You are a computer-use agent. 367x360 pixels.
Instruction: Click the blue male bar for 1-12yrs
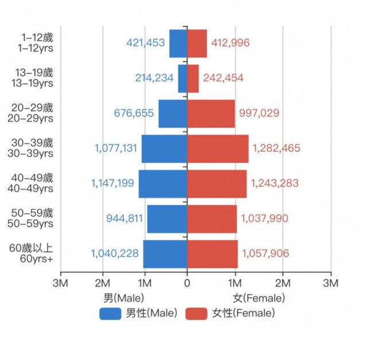pos(178,44)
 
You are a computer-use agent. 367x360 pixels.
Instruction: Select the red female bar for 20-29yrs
pos(211,114)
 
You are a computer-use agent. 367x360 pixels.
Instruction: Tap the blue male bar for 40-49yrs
pos(163,183)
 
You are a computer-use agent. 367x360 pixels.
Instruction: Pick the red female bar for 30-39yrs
pos(218,148)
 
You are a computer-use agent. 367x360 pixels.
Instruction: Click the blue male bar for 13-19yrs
pos(182,79)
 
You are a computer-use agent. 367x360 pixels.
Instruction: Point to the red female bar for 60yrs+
pos(212,253)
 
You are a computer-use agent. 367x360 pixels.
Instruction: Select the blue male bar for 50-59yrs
pos(167,218)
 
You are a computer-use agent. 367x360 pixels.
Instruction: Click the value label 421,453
pos(146,42)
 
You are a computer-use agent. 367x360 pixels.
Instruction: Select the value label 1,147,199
pos(112,183)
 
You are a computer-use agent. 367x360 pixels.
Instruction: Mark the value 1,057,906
pos(266,253)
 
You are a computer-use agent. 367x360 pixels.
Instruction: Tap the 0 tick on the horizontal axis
pos(187,283)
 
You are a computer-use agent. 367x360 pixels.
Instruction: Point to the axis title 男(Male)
pos(123,298)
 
